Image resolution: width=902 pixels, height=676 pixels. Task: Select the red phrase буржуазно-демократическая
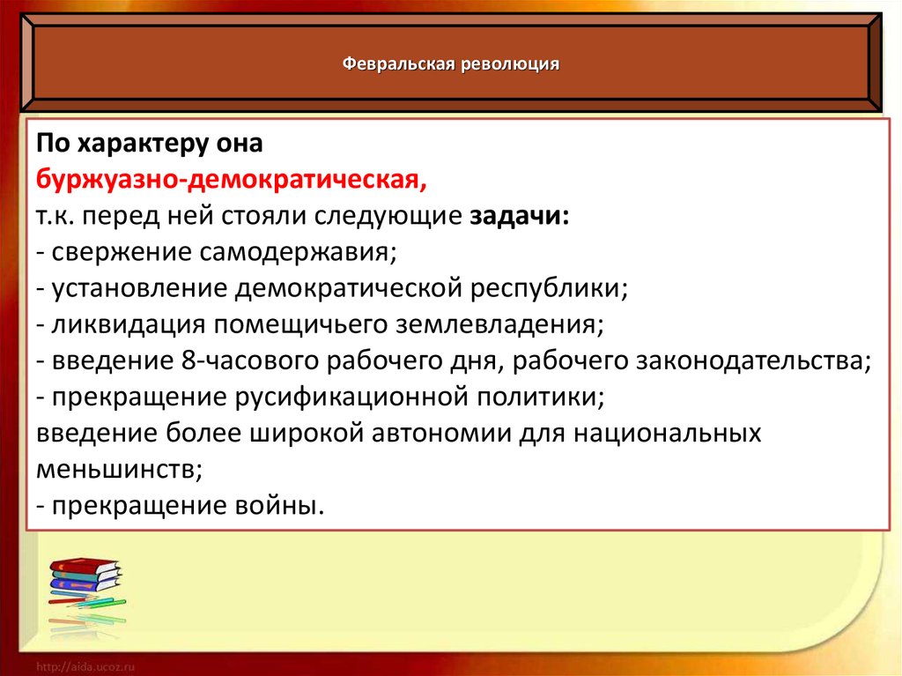(x=232, y=180)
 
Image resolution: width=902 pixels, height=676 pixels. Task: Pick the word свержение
(x=122, y=253)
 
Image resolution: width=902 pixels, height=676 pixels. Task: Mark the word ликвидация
(x=129, y=325)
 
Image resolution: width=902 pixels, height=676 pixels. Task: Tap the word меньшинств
(x=120, y=470)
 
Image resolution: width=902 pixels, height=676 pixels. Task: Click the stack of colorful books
(x=86, y=582)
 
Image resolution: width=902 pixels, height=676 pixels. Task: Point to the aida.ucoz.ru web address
(x=85, y=667)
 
